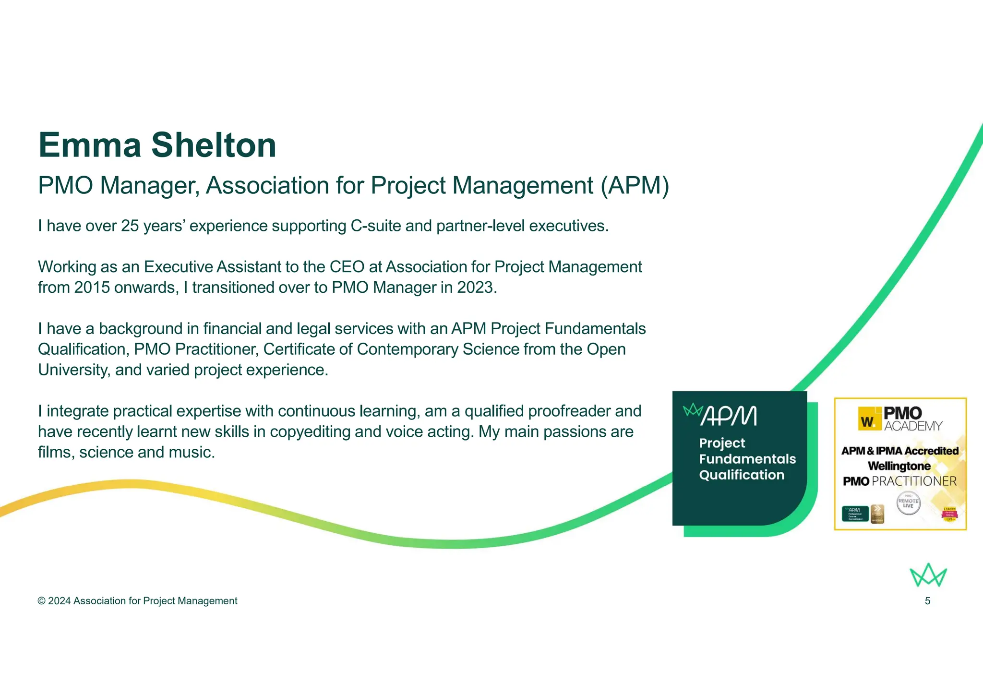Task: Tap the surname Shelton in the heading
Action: click(x=214, y=145)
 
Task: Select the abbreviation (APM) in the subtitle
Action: click(x=635, y=186)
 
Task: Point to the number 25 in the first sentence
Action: click(x=130, y=226)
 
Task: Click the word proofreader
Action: click(x=569, y=411)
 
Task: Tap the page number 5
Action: click(x=927, y=601)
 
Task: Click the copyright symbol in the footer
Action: click(x=42, y=601)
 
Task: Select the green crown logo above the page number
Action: click(x=928, y=575)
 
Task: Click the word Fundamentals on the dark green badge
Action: click(x=747, y=459)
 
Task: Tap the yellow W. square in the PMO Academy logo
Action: click(x=868, y=421)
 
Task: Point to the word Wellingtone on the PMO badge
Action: click(x=899, y=466)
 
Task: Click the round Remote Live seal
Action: click(x=908, y=503)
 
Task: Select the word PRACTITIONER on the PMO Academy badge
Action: click(x=914, y=481)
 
